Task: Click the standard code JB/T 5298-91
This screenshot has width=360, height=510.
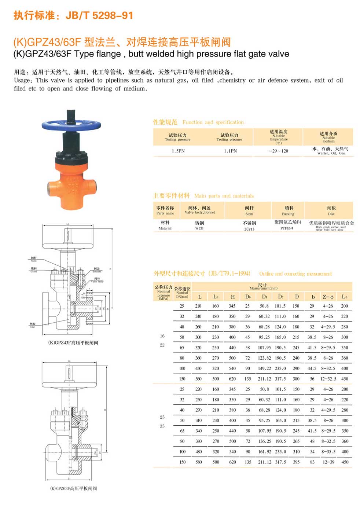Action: (99, 15)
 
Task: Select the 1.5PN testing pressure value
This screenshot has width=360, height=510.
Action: (178, 151)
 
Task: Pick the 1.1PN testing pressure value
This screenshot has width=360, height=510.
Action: (231, 151)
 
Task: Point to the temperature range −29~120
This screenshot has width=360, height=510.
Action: (279, 151)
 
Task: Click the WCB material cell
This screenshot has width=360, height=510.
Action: (199, 228)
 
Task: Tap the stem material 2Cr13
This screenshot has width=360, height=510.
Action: (249, 229)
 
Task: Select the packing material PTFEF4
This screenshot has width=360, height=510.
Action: (287, 228)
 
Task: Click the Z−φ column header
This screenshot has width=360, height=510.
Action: (328, 297)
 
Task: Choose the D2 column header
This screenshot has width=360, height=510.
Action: (280, 297)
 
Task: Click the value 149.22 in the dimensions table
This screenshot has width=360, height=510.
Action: (264, 368)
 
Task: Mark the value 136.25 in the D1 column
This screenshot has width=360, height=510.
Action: (264, 441)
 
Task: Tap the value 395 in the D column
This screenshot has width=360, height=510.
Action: (296, 462)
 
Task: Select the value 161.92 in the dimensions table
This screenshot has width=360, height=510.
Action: (264, 452)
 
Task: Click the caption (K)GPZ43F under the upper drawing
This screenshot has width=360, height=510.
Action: (73, 343)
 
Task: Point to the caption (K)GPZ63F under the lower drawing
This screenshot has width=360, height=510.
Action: (73, 488)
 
